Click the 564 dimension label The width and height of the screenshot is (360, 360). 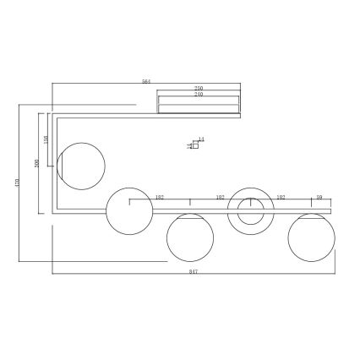145,82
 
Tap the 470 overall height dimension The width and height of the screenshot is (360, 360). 16,182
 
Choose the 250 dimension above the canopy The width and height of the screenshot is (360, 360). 199,88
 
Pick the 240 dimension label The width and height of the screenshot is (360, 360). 199,95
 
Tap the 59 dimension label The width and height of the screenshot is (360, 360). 319,197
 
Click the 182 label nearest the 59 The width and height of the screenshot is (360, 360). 281,197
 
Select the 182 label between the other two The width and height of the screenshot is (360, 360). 220,197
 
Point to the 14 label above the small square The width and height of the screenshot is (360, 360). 201,139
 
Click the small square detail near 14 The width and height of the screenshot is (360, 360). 194,145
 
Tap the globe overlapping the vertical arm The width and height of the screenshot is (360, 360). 81,165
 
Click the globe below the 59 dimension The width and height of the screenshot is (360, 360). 311,237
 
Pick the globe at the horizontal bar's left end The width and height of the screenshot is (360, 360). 128,210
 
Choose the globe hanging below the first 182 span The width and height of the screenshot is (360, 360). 189,237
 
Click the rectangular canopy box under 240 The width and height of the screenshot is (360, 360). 199,105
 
